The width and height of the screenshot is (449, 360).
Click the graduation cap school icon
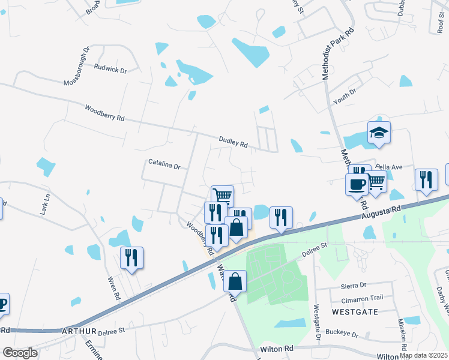pos(379,133)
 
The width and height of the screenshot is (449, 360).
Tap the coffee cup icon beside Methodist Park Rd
pos(357,184)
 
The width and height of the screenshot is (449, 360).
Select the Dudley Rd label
pos(234,142)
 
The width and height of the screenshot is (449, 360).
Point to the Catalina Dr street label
pos(164,164)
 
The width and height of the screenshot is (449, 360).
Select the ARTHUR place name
pos(79,331)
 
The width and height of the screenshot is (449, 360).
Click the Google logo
pos(20,353)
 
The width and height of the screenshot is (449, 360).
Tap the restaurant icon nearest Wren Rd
pos(131,258)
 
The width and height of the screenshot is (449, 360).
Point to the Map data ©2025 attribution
pos(423,355)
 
